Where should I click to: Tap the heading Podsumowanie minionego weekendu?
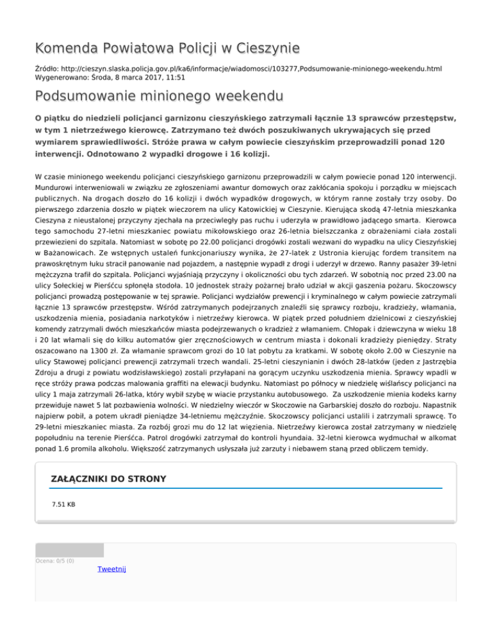pos(158,97)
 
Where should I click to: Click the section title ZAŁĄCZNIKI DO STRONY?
pos(108,479)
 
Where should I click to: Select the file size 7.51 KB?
pos(63,505)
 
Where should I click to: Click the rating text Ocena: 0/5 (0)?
pos(55,561)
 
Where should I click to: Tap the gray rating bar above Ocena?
pos(69,550)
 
